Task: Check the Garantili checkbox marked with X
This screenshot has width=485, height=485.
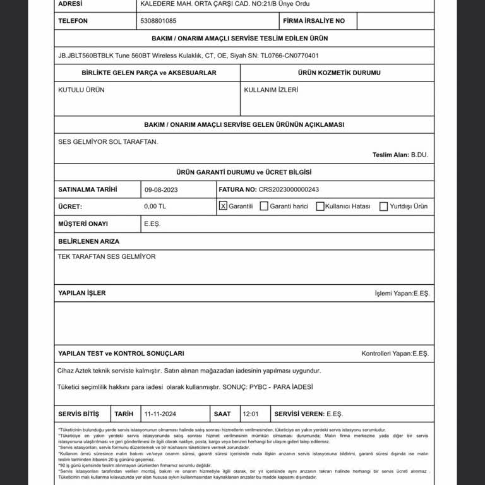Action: (x=223, y=206)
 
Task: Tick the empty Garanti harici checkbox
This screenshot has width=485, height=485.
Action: (x=264, y=207)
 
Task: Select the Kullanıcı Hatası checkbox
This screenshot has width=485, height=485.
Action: (x=320, y=207)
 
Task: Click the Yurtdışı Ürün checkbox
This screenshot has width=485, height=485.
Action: (x=383, y=207)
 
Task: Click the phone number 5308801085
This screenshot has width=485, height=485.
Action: (x=159, y=21)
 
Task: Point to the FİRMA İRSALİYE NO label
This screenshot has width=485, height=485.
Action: (x=314, y=21)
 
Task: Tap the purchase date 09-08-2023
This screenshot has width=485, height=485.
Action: (x=161, y=189)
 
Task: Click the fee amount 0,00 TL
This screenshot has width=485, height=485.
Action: (x=155, y=207)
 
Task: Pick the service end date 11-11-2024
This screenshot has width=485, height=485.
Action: (x=160, y=414)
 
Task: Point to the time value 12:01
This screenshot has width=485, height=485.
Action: (x=251, y=414)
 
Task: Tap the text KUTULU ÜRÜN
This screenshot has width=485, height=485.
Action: (x=81, y=90)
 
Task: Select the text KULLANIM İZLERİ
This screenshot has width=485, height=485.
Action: (x=271, y=90)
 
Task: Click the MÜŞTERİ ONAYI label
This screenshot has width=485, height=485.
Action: (x=83, y=224)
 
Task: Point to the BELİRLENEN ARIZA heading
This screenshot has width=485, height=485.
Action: (x=88, y=241)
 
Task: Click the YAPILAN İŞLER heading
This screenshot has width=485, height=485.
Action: (x=82, y=293)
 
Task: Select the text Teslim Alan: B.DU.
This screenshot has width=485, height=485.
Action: (x=400, y=155)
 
